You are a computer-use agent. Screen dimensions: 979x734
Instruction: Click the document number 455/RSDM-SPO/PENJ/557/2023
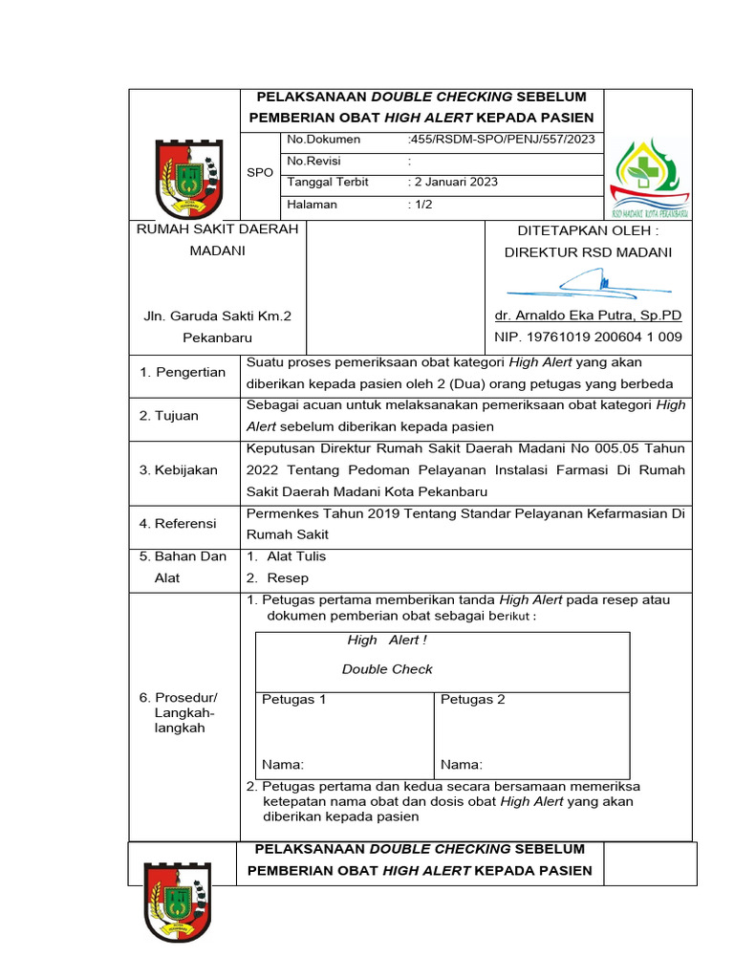tap(501, 140)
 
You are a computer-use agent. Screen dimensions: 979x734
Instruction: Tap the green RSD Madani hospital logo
tap(649, 178)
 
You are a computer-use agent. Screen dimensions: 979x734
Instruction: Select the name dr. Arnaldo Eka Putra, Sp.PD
tap(588, 315)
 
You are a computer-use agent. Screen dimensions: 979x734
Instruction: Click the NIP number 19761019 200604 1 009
tap(588, 337)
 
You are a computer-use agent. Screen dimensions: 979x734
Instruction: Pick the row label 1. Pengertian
tap(183, 372)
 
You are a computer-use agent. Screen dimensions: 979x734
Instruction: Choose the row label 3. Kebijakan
tap(179, 469)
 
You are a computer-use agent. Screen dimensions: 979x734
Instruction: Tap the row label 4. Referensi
tap(178, 524)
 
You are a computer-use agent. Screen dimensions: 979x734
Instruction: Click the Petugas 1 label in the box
tap(294, 700)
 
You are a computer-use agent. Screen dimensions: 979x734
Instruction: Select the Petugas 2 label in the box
tap(473, 700)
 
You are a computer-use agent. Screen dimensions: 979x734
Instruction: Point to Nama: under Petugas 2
tap(462, 765)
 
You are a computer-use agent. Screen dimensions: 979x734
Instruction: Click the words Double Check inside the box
tap(387, 669)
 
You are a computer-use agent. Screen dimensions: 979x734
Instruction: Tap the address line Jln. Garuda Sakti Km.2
tap(217, 315)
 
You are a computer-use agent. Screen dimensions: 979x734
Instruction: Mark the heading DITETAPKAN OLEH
tap(588, 230)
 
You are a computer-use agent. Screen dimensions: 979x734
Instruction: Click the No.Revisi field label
tap(314, 161)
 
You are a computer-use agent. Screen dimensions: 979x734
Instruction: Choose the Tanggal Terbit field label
tap(328, 182)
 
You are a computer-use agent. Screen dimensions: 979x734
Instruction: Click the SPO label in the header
tap(260, 172)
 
